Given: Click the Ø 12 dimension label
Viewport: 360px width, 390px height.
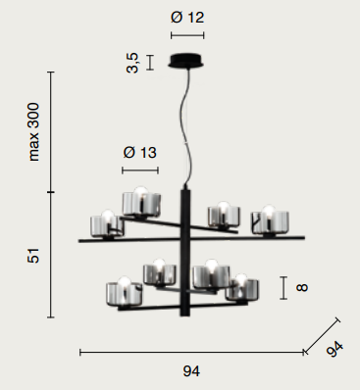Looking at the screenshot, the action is pyautogui.click(x=187, y=17).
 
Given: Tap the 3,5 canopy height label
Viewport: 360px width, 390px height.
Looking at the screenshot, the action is pyautogui.click(x=132, y=63).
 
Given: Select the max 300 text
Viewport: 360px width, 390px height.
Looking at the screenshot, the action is pyautogui.click(x=33, y=131).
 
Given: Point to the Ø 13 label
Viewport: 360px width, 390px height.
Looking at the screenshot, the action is pyautogui.click(x=140, y=152).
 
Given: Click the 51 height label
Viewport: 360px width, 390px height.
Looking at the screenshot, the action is pyautogui.click(x=33, y=256).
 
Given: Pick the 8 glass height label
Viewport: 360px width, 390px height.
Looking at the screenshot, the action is pyautogui.click(x=301, y=287).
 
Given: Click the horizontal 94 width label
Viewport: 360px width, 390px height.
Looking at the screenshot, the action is pyautogui.click(x=191, y=371).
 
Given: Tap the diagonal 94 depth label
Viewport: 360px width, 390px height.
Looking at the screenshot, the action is pyautogui.click(x=335, y=349).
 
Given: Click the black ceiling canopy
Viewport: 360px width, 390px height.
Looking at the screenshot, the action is pyautogui.click(x=186, y=61).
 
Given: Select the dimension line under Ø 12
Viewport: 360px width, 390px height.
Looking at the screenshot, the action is pyautogui.click(x=187, y=35).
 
